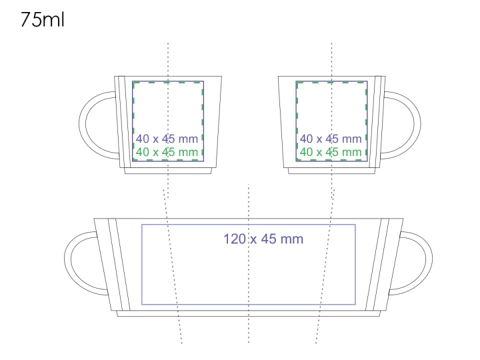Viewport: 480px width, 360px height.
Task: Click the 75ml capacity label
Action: coord(43,19)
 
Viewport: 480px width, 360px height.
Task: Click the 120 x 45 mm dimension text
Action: coord(263,239)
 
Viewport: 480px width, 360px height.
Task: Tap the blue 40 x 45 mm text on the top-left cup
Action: coord(167,139)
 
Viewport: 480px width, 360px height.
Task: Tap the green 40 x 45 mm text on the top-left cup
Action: coord(167,152)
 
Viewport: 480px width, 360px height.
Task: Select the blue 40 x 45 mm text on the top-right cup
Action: coord(331,139)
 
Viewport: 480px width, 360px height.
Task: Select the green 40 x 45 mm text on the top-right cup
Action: coord(331,152)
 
